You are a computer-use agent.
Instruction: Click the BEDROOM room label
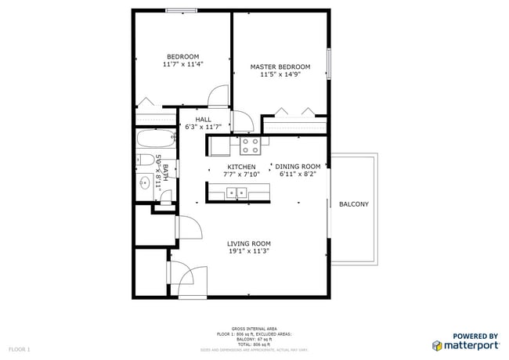(182, 56)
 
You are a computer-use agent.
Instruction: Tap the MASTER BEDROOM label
(280, 67)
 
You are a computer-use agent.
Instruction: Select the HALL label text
(193, 120)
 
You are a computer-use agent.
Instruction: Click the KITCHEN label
(241, 167)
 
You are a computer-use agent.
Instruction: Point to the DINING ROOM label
(298, 166)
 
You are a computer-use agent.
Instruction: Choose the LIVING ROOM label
(249, 243)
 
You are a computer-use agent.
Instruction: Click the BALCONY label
(353, 204)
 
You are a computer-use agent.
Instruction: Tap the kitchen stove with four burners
(251, 145)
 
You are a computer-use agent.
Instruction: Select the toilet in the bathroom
(144, 162)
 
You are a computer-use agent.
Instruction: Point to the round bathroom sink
(144, 184)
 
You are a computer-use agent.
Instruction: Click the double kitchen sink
(233, 193)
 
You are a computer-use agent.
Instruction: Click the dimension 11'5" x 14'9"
(280, 75)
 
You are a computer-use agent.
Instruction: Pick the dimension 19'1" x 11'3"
(249, 252)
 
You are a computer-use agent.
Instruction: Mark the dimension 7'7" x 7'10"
(241, 175)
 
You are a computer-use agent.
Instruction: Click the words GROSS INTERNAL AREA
(254, 328)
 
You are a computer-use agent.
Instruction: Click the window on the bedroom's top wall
(181, 10)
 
